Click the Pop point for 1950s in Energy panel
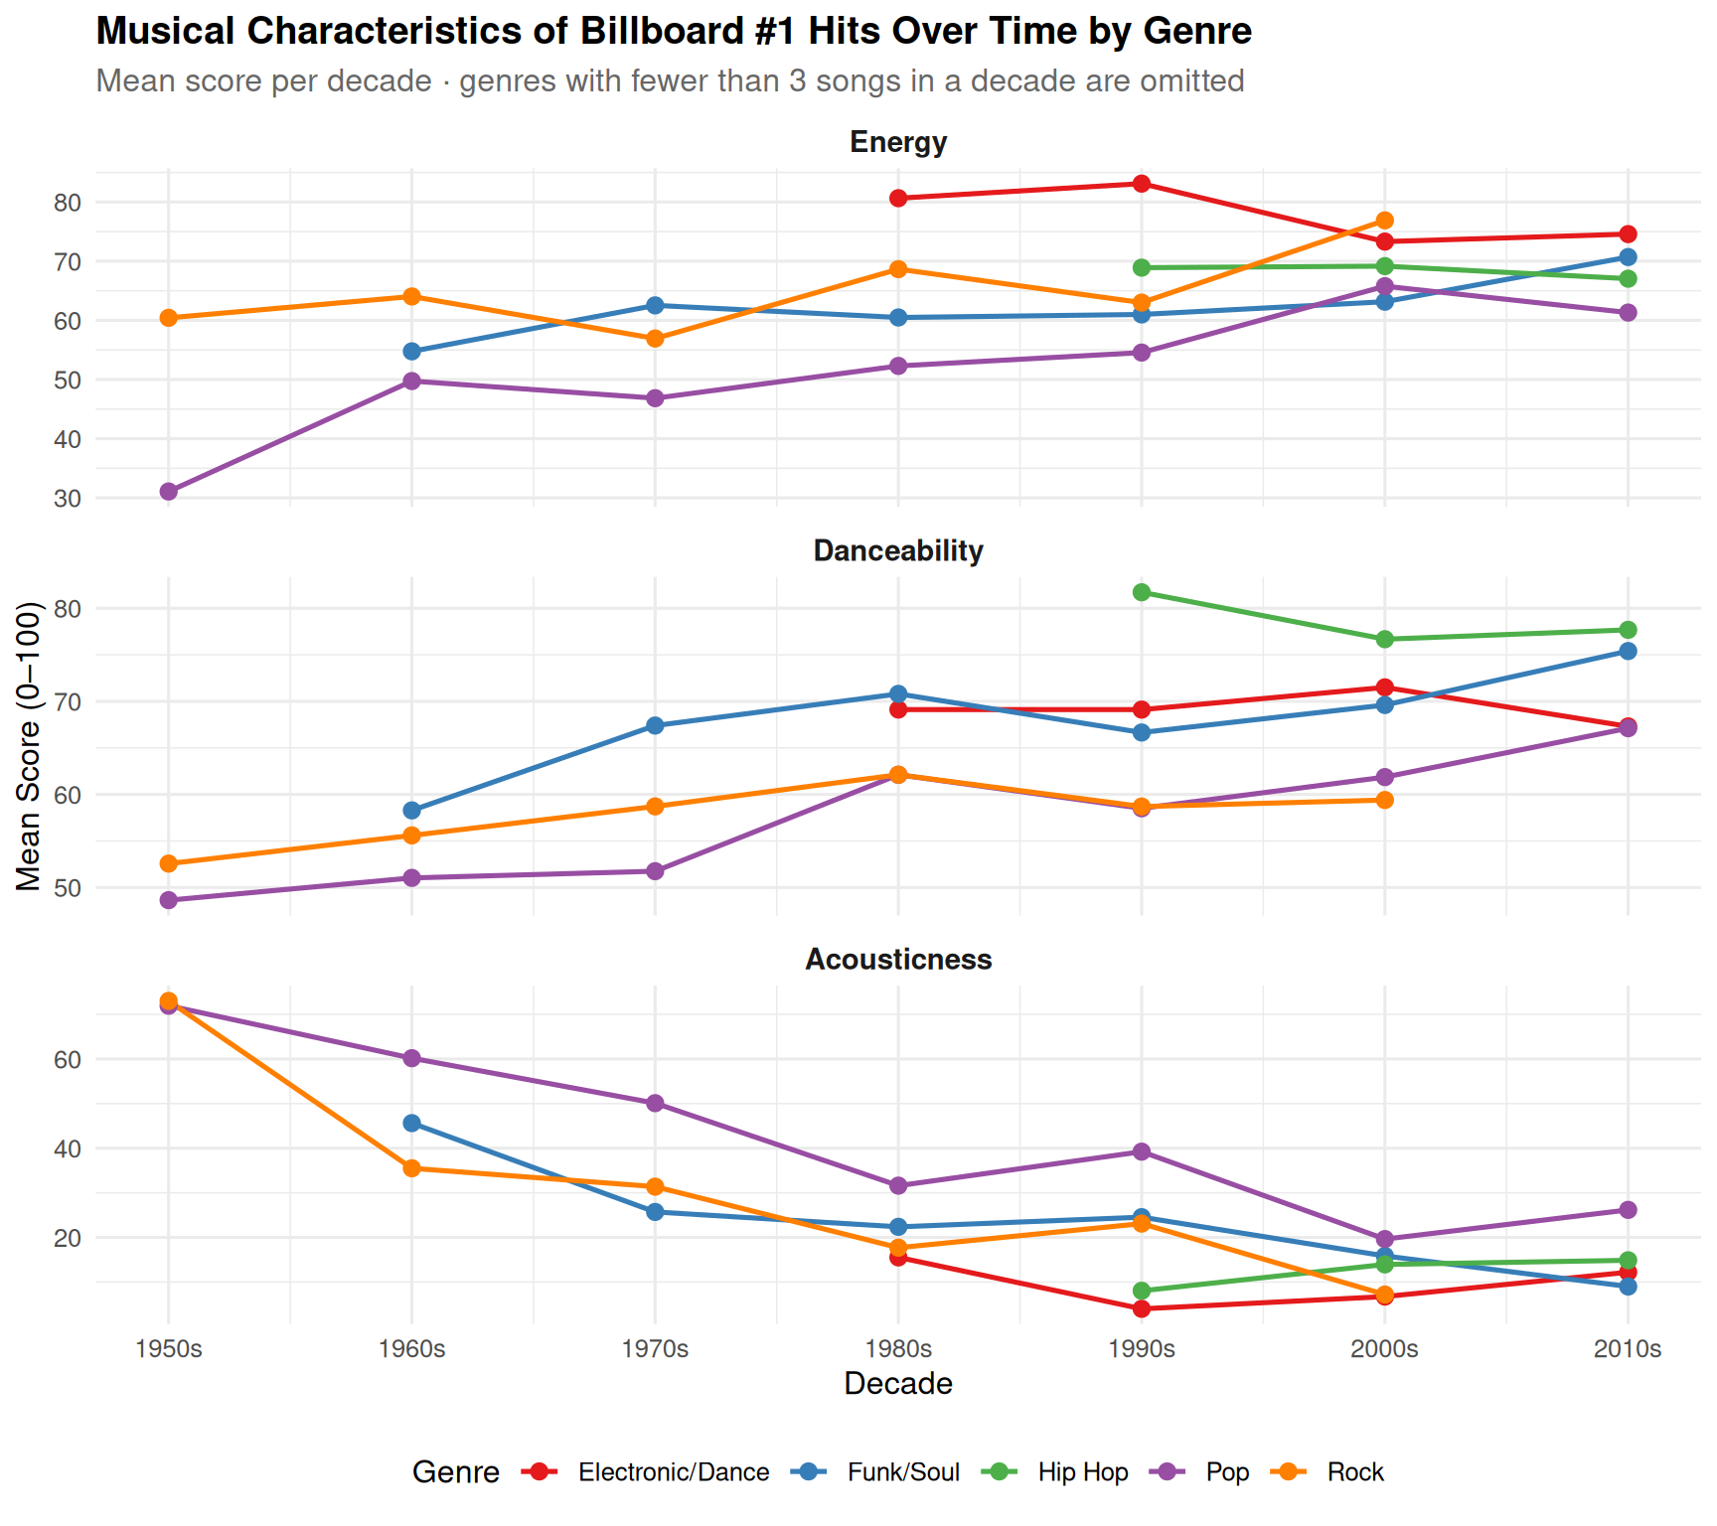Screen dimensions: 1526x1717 169,492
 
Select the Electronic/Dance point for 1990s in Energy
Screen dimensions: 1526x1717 1142,184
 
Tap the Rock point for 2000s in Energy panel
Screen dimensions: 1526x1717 1385,221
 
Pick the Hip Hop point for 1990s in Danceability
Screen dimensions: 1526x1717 1142,592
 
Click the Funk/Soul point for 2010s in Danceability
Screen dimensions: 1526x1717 1628,652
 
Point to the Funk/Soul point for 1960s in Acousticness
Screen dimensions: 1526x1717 412,1124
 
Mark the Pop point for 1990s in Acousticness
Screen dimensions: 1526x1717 1142,1151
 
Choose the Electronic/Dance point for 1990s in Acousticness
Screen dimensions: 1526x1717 1142,1308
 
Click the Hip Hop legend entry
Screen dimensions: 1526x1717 1083,1472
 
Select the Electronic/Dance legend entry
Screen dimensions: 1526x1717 674,1472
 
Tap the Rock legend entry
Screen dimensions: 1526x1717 1355,1472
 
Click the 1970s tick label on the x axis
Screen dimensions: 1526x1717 655,1349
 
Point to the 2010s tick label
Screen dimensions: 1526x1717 1628,1349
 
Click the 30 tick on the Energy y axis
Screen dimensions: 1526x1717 68,499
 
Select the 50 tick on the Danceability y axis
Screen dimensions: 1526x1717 68,888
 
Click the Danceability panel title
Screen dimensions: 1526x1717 898,551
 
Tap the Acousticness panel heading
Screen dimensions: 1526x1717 898,960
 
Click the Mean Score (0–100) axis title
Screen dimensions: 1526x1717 29,747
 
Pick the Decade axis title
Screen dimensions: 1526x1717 898,1384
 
